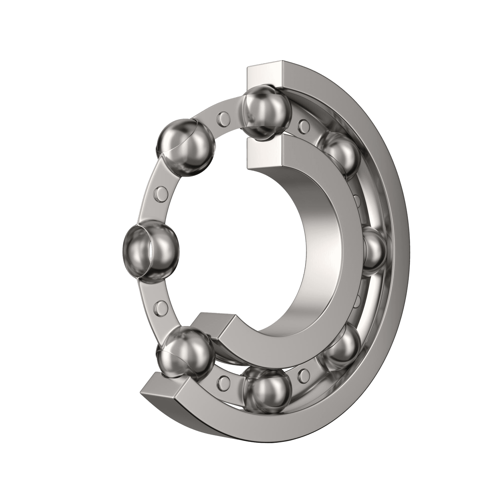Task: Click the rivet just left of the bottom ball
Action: coord(223,382)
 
